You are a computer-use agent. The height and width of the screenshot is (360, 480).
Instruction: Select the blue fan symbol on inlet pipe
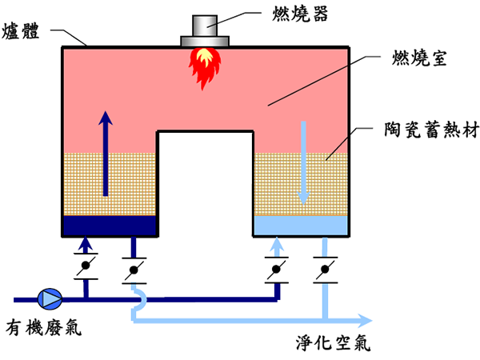(x=50, y=299)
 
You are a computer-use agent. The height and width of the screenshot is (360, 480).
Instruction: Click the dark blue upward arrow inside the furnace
(x=105, y=152)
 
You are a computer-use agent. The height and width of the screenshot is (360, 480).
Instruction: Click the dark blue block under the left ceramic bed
(x=110, y=226)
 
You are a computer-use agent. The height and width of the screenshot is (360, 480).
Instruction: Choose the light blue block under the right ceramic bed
(x=301, y=226)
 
